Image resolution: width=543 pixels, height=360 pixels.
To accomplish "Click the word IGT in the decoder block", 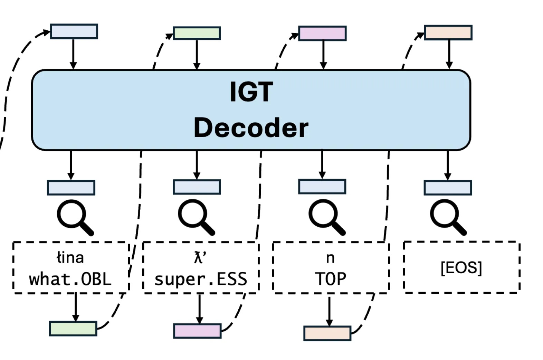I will pos(251,92).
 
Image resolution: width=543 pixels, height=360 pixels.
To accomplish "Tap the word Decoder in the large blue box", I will pos(251,128).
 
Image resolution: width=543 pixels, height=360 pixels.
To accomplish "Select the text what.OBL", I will pos(70,279).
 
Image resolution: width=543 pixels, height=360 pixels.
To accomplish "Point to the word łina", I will pos(70,258).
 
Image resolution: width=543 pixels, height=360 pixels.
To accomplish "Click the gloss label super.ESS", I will pos(201,279).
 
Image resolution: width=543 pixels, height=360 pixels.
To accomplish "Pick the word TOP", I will pos(330,279).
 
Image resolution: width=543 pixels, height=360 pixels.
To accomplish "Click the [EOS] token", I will pos(461,267).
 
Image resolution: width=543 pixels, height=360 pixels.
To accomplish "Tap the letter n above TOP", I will pos(330,258).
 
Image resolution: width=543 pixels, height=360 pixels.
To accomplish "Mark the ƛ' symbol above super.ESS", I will pos(200,258).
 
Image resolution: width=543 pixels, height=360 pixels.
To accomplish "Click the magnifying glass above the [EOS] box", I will pos(447,217).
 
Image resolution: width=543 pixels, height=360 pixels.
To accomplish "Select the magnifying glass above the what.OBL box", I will pos(74,217).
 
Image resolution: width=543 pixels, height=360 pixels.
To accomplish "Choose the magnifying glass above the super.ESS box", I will pos(195,217).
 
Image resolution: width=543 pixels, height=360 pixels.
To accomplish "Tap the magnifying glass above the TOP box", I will pos(326,217).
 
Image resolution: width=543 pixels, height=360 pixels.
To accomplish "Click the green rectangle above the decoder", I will pos(197,33).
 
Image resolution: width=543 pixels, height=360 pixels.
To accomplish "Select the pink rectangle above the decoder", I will pos(322,34).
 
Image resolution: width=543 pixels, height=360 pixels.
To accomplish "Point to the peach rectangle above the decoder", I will pos(448,32).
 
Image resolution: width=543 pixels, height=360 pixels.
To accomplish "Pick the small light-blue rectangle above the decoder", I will pos(74,31).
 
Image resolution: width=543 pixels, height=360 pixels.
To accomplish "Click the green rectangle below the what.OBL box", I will pos(73,329).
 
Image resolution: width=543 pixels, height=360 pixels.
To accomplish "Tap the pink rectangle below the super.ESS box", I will pos(197,331).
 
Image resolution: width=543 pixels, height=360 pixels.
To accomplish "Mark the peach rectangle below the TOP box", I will pos(327,333).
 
